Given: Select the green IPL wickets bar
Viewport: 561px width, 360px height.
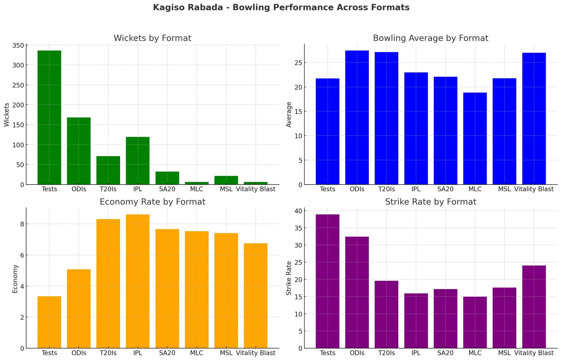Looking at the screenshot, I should pyautogui.click(x=138, y=161).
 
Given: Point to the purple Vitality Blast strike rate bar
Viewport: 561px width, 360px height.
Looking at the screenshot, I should pyautogui.click(x=534, y=307).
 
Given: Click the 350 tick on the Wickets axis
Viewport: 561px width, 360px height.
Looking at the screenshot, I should pyautogui.click(x=18, y=46).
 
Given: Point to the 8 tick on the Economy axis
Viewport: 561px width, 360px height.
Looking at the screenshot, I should pyautogui.click(x=22, y=224).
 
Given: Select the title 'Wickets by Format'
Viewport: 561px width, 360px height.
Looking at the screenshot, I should pyautogui.click(x=152, y=38).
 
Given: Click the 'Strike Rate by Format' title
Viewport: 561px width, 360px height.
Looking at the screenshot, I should pyautogui.click(x=430, y=202).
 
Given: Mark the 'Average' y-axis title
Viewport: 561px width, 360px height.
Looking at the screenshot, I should pyautogui.click(x=289, y=114).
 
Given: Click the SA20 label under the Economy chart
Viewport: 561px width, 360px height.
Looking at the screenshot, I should pyautogui.click(x=167, y=353).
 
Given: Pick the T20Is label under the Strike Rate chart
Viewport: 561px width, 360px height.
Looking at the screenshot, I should pyautogui.click(x=386, y=353).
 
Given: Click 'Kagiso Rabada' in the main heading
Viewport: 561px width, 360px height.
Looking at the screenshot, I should pyautogui.click(x=188, y=7).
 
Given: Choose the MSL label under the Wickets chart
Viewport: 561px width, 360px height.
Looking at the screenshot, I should pyautogui.click(x=226, y=189).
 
